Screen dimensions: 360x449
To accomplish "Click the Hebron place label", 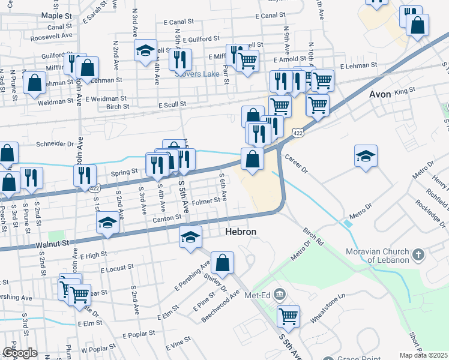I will pos(241,232).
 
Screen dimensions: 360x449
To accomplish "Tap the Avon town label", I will pos(379,94).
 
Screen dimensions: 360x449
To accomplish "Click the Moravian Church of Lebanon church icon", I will pos(419,255).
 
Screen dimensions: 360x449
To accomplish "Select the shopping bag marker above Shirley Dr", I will pos(222,262).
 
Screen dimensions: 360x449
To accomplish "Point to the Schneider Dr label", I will pos(54,144).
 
